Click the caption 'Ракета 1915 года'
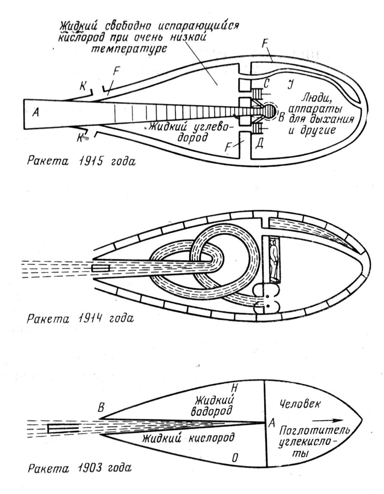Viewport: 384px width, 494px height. (x=81, y=162)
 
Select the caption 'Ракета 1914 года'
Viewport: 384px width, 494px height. (x=80, y=319)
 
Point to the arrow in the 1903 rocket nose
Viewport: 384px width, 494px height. (x=327, y=420)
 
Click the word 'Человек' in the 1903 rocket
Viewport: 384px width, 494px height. (x=300, y=404)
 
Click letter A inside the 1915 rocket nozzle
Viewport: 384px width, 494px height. (x=35, y=112)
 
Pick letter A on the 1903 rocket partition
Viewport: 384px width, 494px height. (x=272, y=423)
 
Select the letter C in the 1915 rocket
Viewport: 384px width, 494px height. (x=266, y=84)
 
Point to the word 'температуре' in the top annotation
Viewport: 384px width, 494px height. (x=129, y=48)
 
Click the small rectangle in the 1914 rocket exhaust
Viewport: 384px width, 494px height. (x=101, y=268)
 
